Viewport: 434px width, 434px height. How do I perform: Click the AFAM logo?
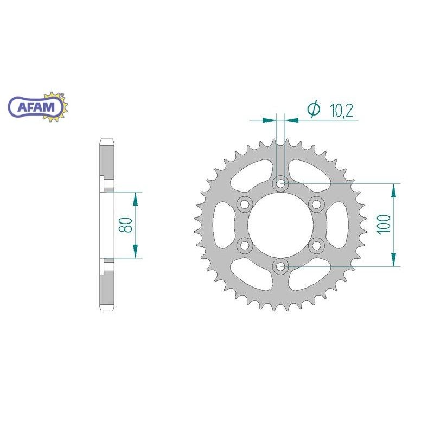coord(38,107)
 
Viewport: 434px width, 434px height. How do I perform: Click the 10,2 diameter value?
coord(341,111)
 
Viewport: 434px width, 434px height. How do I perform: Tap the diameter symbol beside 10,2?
coord(314,110)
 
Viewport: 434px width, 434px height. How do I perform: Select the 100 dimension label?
coord(384,224)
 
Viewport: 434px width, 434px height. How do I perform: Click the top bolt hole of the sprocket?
coord(280,183)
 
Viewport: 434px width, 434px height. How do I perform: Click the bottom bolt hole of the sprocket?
coord(280,266)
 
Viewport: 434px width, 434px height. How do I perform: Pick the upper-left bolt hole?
coord(245,205)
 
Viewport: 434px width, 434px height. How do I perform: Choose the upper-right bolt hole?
coord(316,205)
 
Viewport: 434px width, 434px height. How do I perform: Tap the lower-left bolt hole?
coord(245,245)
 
